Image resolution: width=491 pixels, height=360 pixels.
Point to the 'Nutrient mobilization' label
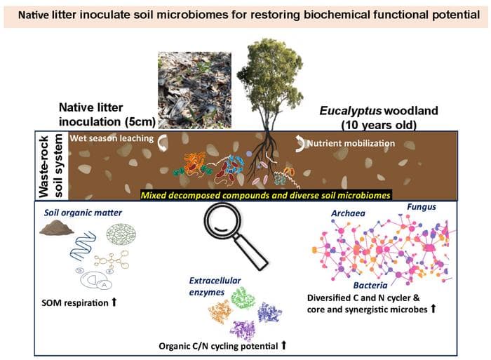351,143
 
